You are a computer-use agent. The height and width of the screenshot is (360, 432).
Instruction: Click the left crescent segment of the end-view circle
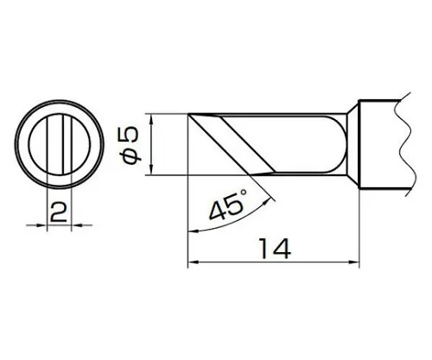[x=35, y=143]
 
